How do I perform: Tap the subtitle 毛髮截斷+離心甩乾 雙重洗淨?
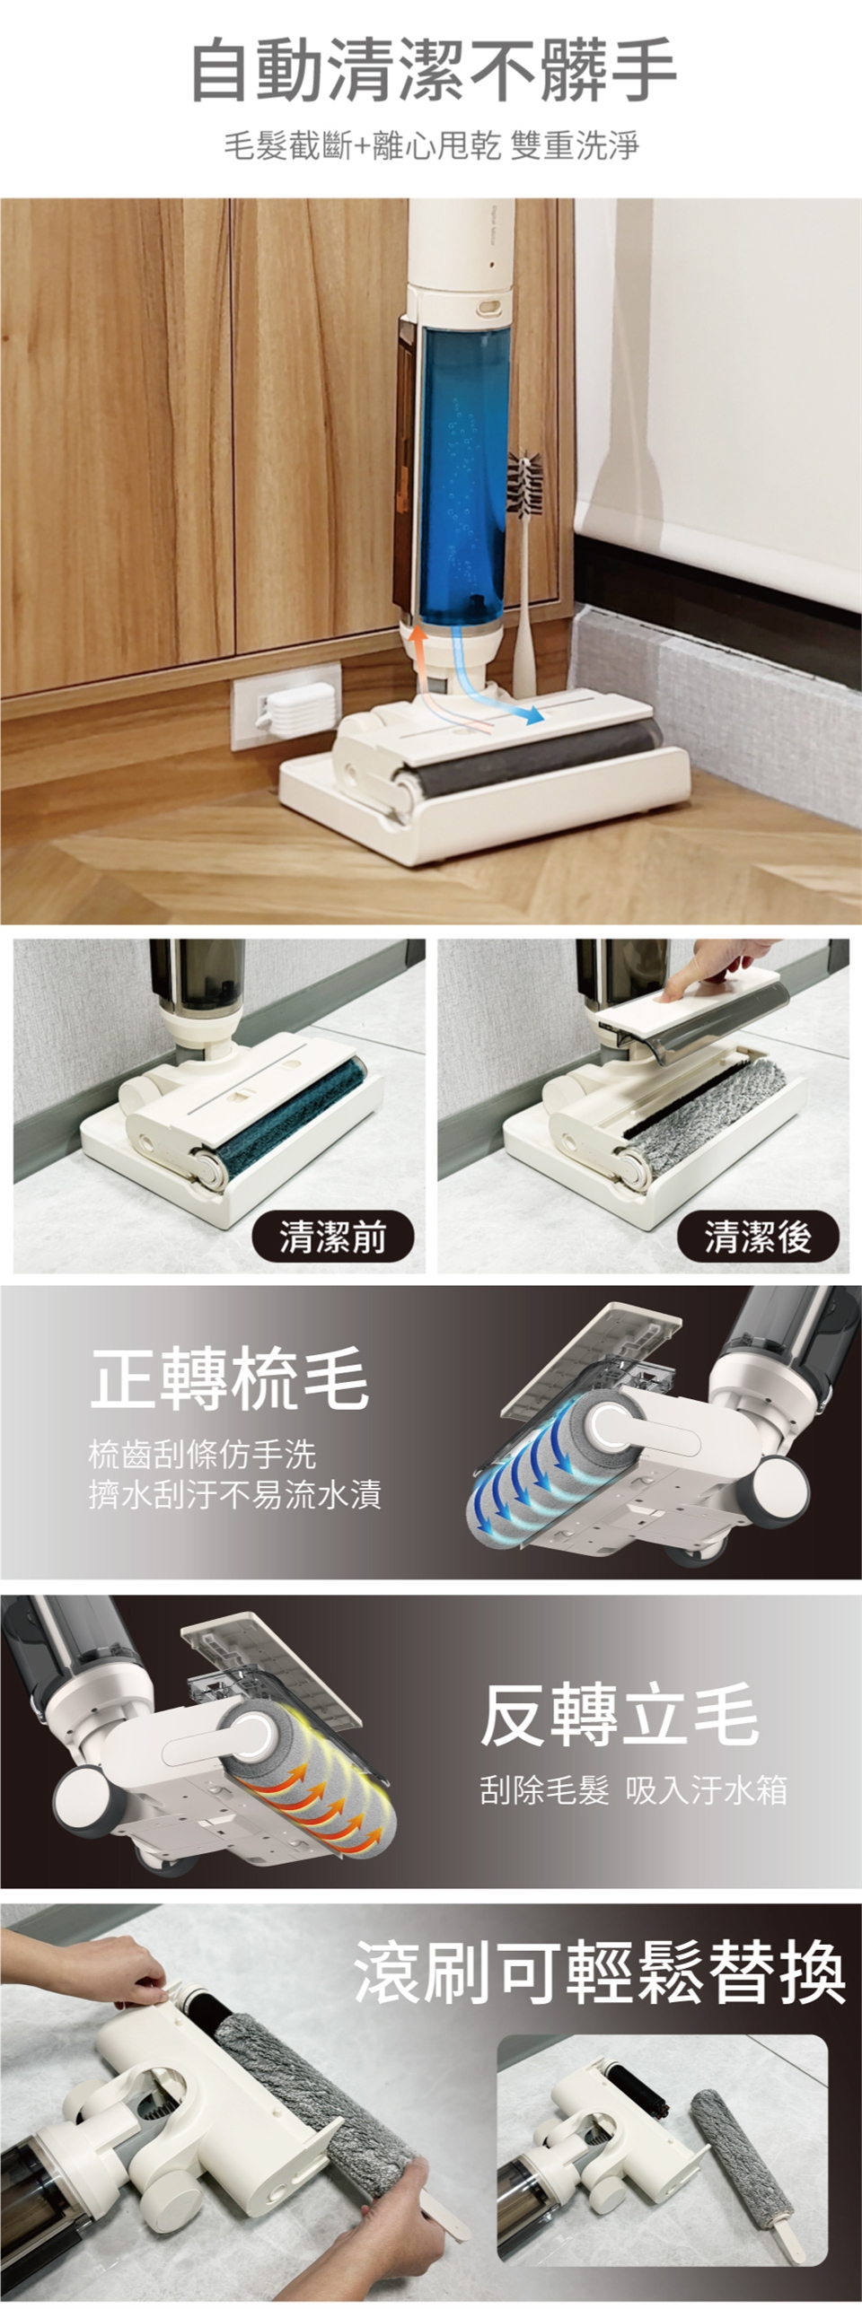[x=431, y=144]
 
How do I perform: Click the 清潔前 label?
[x=332, y=1238]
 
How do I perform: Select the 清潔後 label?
[x=758, y=1238]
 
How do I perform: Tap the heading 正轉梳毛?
[x=230, y=1380]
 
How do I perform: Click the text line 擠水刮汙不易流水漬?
[x=235, y=1494]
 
